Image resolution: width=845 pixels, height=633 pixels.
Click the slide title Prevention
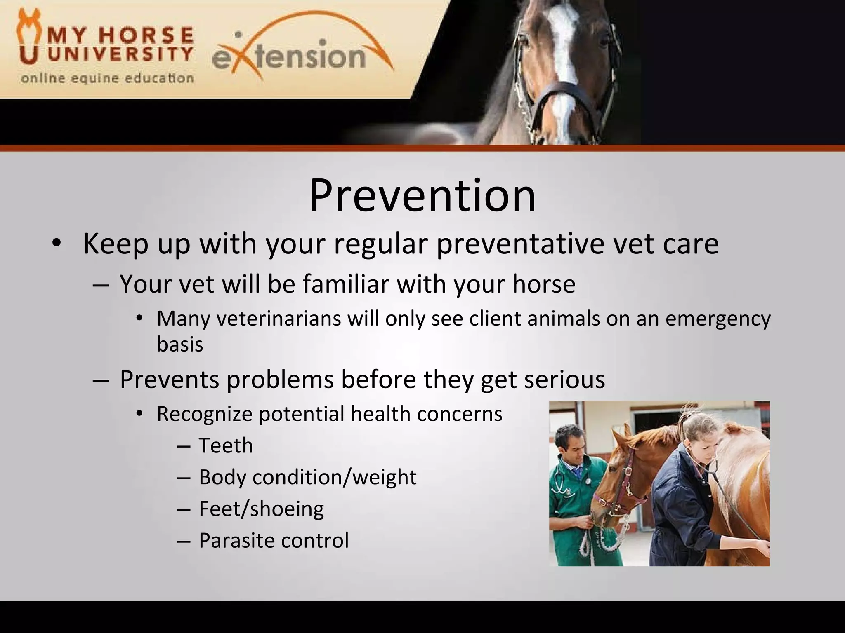pyautogui.click(x=422, y=196)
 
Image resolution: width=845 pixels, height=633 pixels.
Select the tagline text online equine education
pyautogui.click(x=107, y=78)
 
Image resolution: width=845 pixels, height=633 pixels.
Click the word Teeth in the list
pyautogui.click(x=226, y=445)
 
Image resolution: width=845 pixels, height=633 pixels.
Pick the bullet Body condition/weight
pyautogui.click(x=307, y=477)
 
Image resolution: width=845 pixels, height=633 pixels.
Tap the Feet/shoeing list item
pyautogui.click(x=261, y=509)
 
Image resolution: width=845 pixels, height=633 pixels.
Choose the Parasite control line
pyautogui.click(x=274, y=540)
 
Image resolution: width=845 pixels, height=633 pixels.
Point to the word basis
pyautogui.click(x=180, y=344)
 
